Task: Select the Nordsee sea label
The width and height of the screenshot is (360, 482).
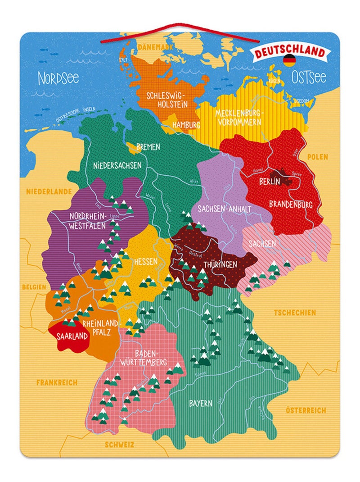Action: tap(58, 78)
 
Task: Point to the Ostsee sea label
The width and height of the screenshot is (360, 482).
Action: tap(309, 77)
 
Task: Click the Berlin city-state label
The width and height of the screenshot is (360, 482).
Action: tap(270, 181)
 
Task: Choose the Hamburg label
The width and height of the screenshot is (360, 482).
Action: tap(186, 124)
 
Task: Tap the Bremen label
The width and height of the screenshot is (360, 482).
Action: tap(148, 147)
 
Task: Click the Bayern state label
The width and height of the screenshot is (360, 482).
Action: tap(200, 403)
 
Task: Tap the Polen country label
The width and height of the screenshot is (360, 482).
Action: tap(317, 157)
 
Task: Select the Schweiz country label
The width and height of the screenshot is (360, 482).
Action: tap(119, 445)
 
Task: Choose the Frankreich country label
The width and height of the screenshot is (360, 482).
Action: tap(57, 382)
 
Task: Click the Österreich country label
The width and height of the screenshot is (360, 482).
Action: tap(306, 410)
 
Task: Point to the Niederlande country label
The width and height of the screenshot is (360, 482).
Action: tap(49, 191)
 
